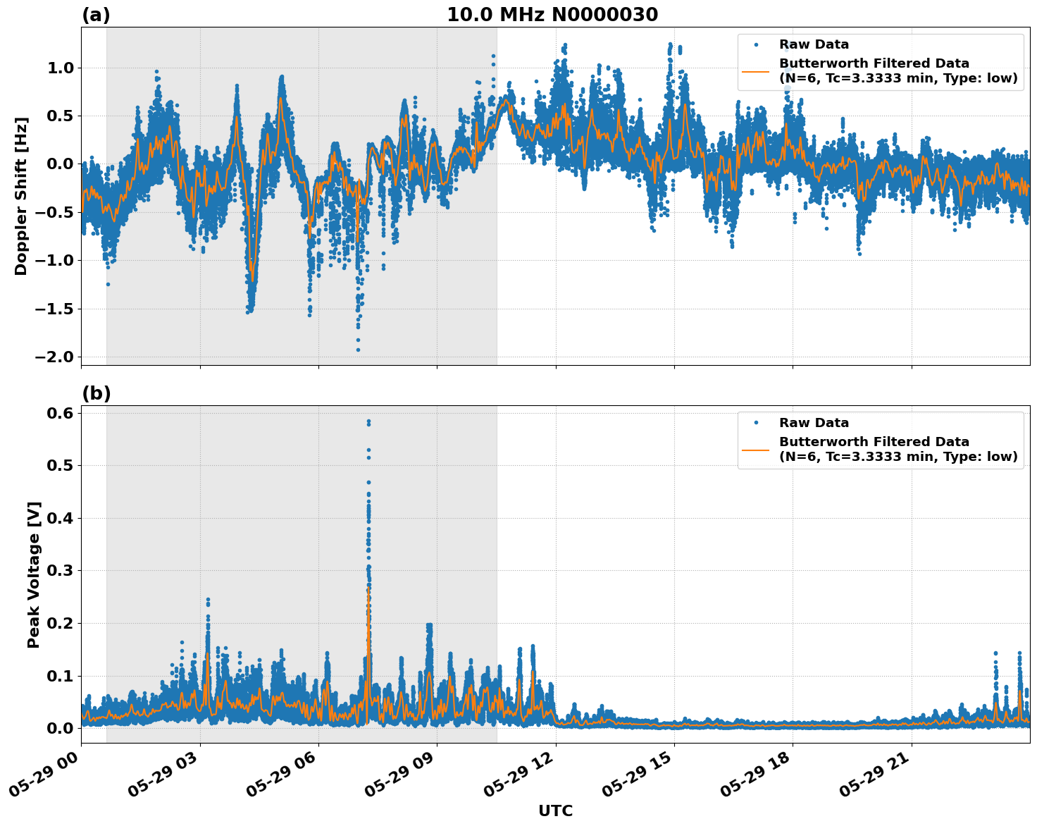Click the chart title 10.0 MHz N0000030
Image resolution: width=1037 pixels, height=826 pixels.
point(552,15)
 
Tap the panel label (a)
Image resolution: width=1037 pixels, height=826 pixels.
point(96,15)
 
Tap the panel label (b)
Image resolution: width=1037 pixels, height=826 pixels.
point(96,393)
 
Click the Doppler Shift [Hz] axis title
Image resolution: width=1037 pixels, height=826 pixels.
point(21,196)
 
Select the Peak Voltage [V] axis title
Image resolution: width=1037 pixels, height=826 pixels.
point(34,574)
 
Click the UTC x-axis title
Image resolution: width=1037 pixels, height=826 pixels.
point(555,810)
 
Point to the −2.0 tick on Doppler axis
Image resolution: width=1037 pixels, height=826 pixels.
point(54,357)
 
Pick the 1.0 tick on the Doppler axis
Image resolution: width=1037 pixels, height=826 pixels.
point(60,68)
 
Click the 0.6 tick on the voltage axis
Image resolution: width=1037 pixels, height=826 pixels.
point(60,413)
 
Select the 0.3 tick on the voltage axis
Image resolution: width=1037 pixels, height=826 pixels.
point(60,570)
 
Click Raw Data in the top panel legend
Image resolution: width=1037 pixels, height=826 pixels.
point(814,44)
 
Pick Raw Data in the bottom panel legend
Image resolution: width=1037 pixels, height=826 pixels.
point(814,423)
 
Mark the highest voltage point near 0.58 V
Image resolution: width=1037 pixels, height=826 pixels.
point(368,421)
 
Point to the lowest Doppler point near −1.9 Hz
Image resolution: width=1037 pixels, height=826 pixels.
point(358,350)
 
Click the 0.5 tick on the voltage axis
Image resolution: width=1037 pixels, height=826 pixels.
point(60,465)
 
